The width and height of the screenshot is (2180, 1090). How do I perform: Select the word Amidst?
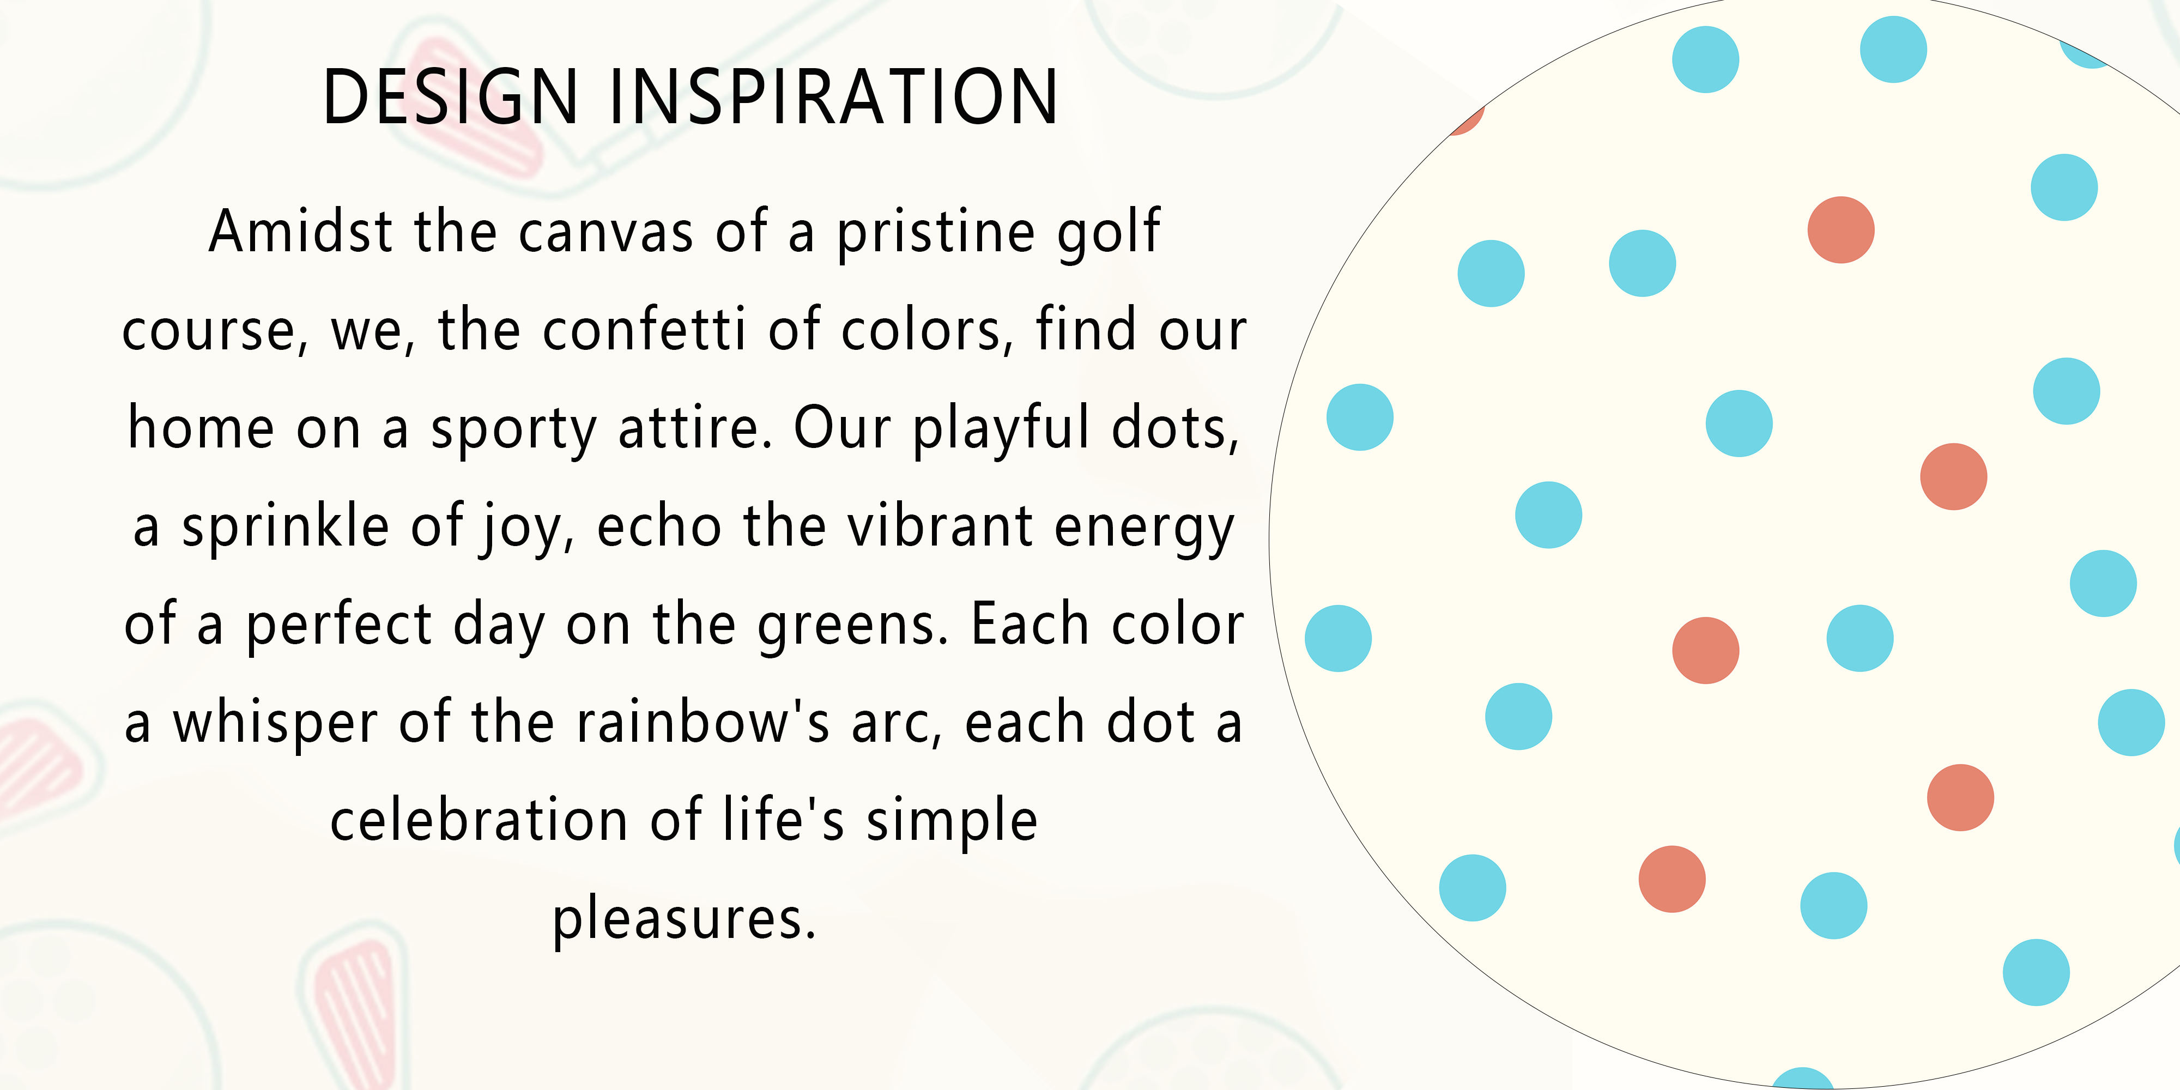tap(301, 231)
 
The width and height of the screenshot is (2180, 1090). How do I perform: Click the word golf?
tap(1109, 231)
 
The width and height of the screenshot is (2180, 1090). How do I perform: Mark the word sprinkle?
tap(285, 526)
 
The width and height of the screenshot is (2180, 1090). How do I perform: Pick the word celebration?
tap(479, 820)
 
